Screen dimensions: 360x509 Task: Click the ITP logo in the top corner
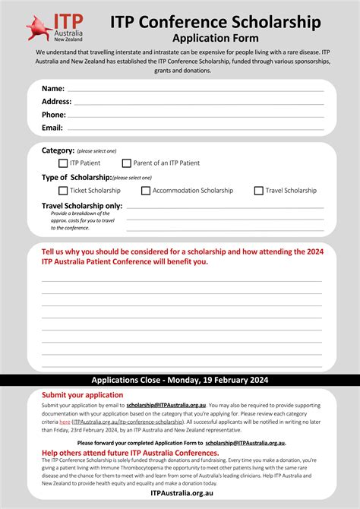[x=53, y=28]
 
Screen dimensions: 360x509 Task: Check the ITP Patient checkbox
[x=63, y=163]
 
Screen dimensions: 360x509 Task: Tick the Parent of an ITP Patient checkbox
[x=127, y=163]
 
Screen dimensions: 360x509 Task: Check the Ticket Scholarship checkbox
[x=63, y=191]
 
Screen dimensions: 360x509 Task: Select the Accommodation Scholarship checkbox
[x=146, y=191]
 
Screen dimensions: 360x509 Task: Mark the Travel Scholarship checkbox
[x=258, y=191]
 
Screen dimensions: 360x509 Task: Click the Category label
[x=58, y=150]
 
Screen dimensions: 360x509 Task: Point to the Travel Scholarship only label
[x=81, y=205]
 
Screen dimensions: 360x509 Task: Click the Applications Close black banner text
[x=180, y=380]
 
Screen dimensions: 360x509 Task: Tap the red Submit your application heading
[x=82, y=395]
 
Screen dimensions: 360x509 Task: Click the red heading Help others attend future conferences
[x=130, y=453]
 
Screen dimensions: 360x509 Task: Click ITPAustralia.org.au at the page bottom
[x=180, y=493]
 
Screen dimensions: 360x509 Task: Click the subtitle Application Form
[x=215, y=37]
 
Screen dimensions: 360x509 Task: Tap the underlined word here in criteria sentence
[x=65, y=421]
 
